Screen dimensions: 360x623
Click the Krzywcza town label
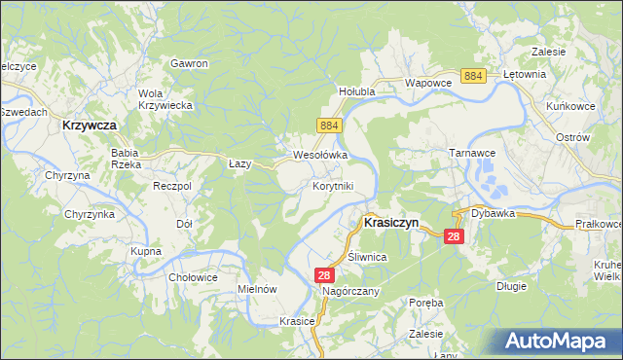(89, 126)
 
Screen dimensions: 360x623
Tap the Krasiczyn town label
(390, 222)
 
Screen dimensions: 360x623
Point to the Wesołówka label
(320, 155)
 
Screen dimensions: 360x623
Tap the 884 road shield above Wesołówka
(328, 126)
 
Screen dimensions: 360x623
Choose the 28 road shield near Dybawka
(454, 236)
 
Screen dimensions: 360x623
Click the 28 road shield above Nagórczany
(325, 275)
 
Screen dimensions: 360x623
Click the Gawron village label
(189, 63)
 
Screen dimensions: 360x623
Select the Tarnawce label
(473, 154)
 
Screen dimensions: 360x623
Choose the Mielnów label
(258, 289)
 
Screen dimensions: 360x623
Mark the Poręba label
(425, 303)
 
